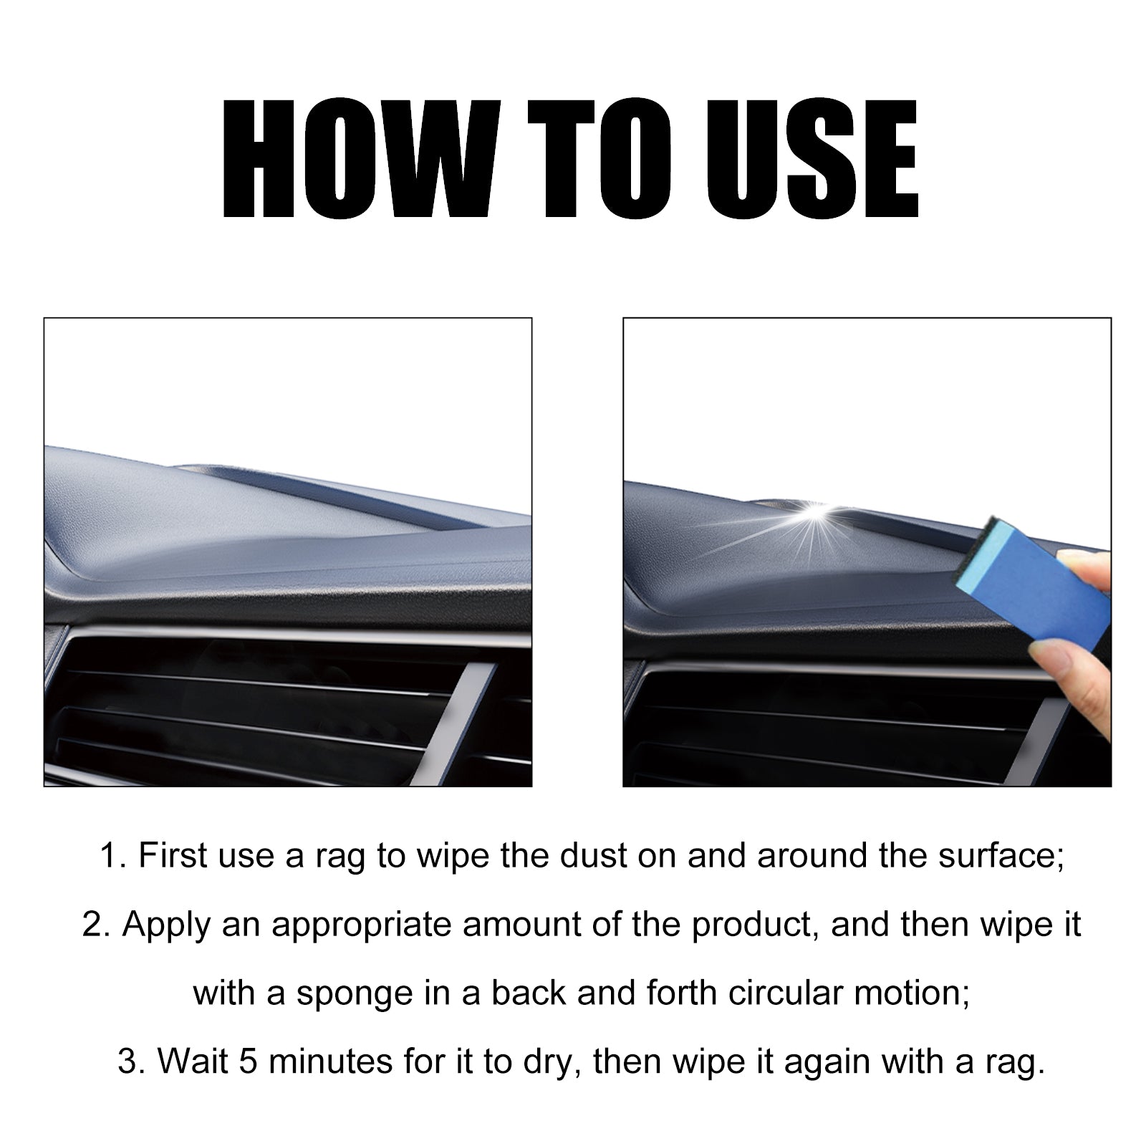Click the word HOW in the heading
click(x=356, y=158)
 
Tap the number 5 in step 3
click(x=248, y=1062)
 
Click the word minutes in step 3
click(x=330, y=1062)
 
